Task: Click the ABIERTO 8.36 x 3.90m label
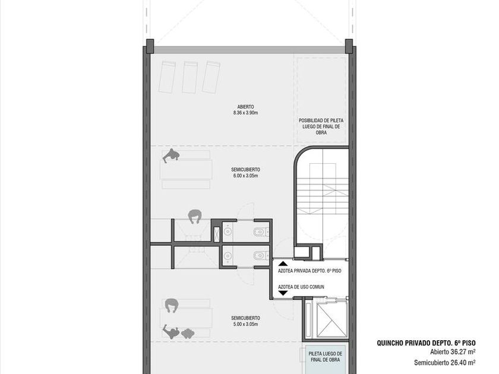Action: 245,110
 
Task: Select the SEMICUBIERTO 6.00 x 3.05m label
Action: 245,173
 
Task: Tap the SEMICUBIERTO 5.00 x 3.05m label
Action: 245,321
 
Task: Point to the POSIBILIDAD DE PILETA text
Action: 321,121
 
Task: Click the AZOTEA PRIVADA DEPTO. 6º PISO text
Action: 309,271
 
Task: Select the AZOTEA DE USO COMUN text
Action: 301,287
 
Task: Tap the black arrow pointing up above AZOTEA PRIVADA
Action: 283,264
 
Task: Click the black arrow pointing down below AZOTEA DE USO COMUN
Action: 283,293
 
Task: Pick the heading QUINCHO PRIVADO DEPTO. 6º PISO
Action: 426,343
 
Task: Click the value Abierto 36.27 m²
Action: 453,352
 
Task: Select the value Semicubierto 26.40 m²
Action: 445,362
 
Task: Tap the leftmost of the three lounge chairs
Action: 167,77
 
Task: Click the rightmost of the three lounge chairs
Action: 211,77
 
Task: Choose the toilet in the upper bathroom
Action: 260,232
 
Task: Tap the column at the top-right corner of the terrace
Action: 349,46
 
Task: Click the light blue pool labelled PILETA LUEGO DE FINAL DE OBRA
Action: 326,359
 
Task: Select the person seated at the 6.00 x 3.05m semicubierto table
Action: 171,156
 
